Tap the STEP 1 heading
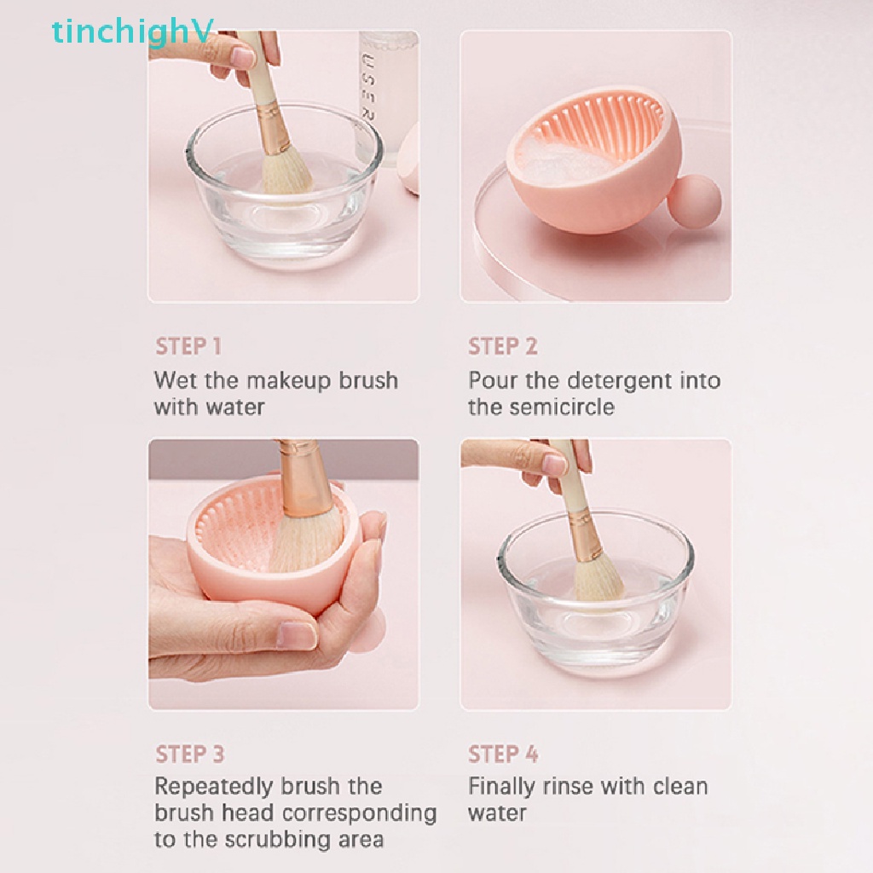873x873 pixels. coord(188,346)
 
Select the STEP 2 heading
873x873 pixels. coord(503,346)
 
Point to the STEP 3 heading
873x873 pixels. coord(190,754)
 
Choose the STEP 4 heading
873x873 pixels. coord(503,754)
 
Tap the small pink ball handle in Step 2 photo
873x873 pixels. coord(687,195)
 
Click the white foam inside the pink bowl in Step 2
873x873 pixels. coord(563,161)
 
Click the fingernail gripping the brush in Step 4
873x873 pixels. coord(555,465)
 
